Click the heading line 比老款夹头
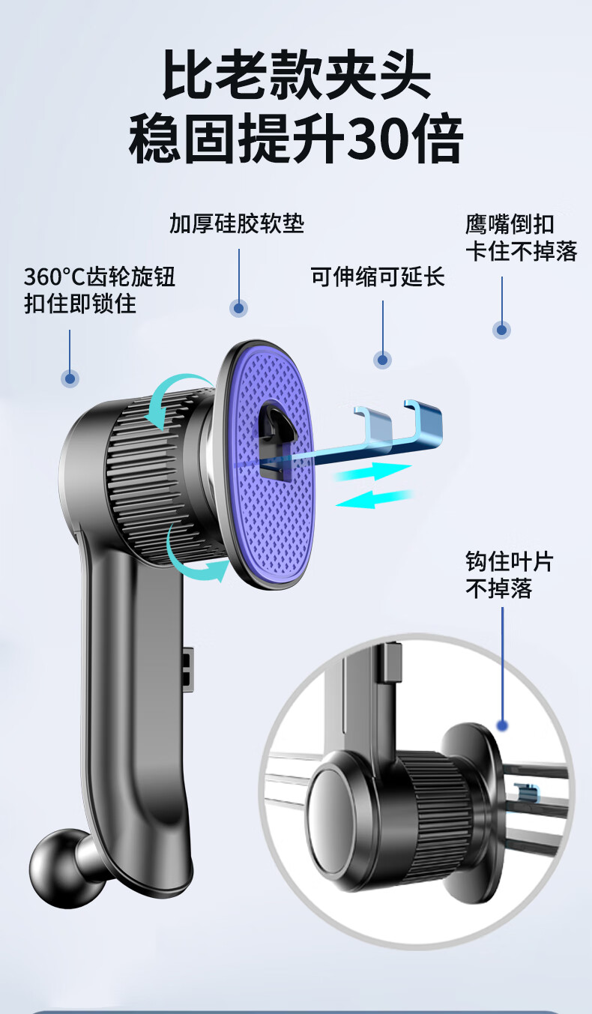pyautogui.click(x=297, y=75)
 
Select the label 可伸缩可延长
pyautogui.click(x=378, y=277)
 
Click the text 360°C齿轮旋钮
pyautogui.click(x=100, y=277)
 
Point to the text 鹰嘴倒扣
pyautogui.click(x=510, y=224)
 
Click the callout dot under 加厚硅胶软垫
pyautogui.click(x=239, y=307)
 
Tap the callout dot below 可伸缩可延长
pyautogui.click(x=383, y=360)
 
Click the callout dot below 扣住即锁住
pyautogui.click(x=70, y=378)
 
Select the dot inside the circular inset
pyautogui.click(x=502, y=725)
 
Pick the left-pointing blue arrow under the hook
pyautogui.click(x=375, y=499)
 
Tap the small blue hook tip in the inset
pyautogui.click(x=528, y=790)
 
